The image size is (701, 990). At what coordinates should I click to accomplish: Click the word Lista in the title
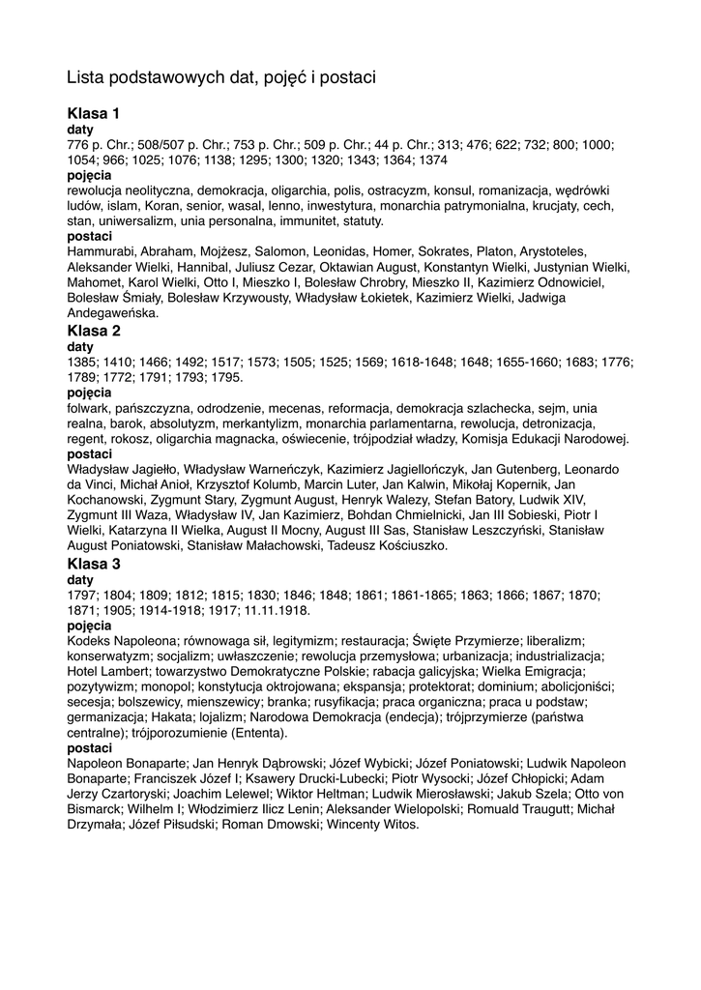[85, 76]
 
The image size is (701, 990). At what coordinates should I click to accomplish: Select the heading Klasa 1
[94, 114]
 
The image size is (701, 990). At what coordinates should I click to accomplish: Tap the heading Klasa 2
[94, 331]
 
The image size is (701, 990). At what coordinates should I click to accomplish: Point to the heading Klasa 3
[94, 563]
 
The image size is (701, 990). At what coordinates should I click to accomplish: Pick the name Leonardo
[585, 469]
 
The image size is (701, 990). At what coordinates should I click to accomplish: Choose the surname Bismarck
[96, 810]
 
